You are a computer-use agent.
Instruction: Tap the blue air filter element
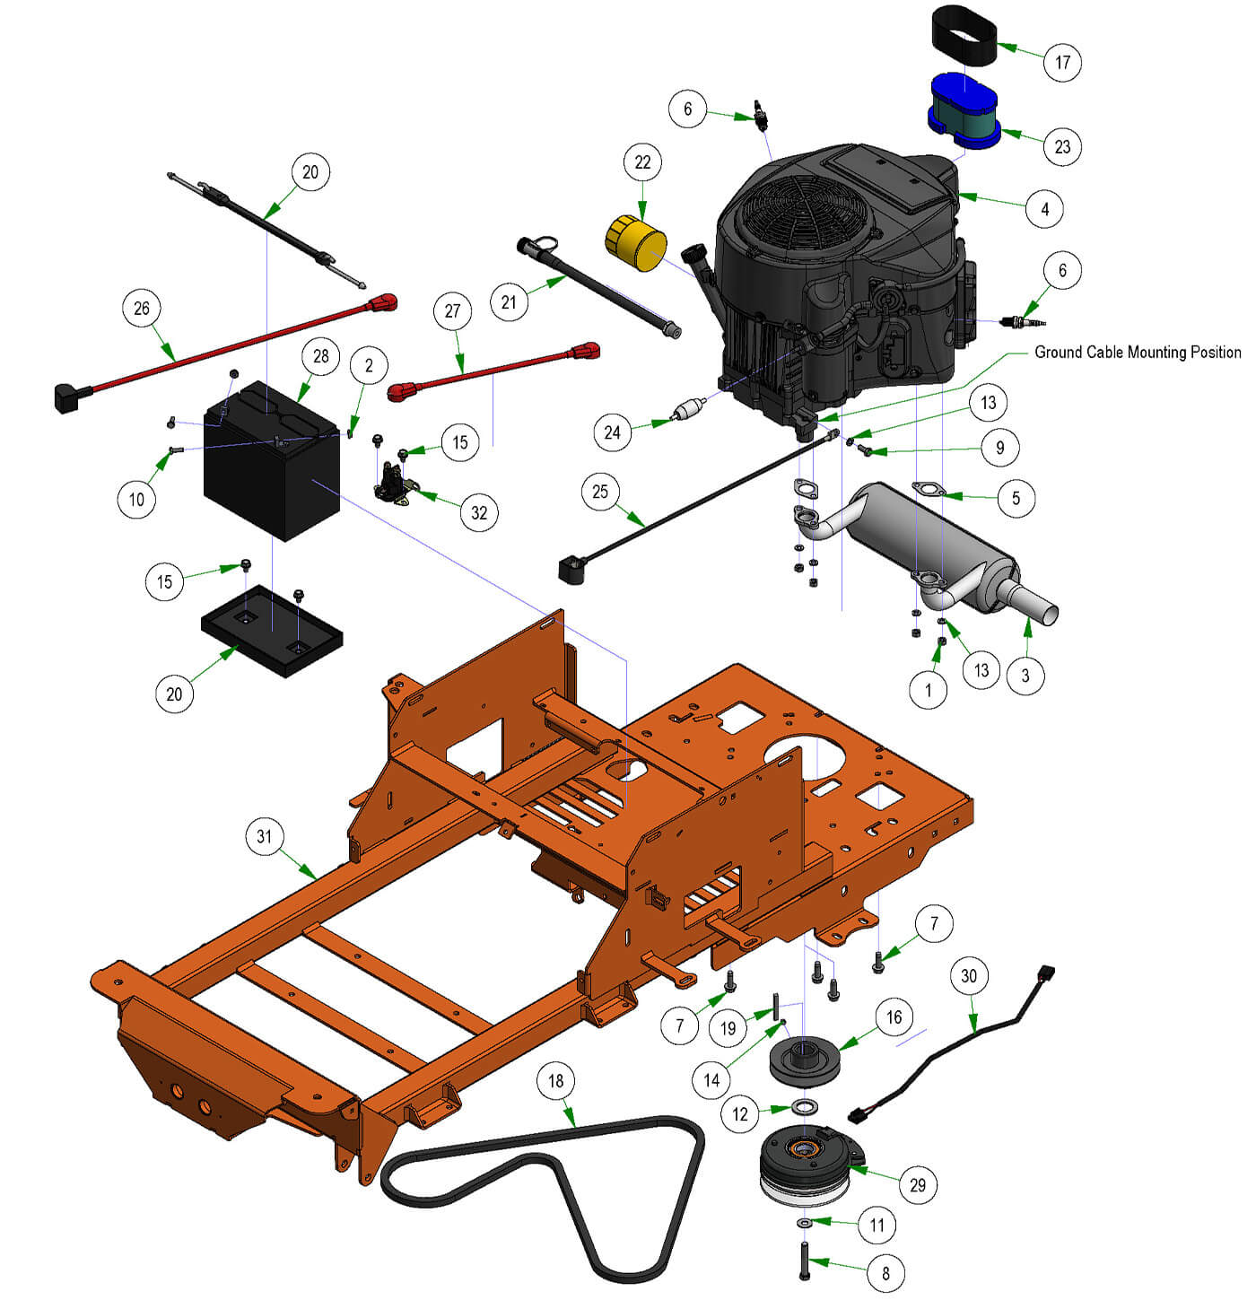click(964, 111)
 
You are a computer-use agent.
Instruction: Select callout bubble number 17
click(1062, 62)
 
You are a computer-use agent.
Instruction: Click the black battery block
click(272, 467)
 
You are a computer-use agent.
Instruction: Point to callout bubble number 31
click(264, 836)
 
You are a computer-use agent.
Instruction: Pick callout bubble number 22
click(642, 162)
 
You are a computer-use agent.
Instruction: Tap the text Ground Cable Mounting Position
click(1138, 353)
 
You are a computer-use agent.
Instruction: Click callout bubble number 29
click(917, 1184)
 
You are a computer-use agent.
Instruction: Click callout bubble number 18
click(556, 1080)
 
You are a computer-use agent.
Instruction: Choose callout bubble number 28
click(321, 356)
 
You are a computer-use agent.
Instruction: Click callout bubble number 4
click(1044, 209)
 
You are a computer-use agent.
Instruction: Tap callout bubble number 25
click(600, 492)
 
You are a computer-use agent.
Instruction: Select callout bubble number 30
click(969, 976)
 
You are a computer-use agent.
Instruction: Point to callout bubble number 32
click(479, 512)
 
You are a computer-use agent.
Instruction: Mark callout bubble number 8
click(885, 1272)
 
